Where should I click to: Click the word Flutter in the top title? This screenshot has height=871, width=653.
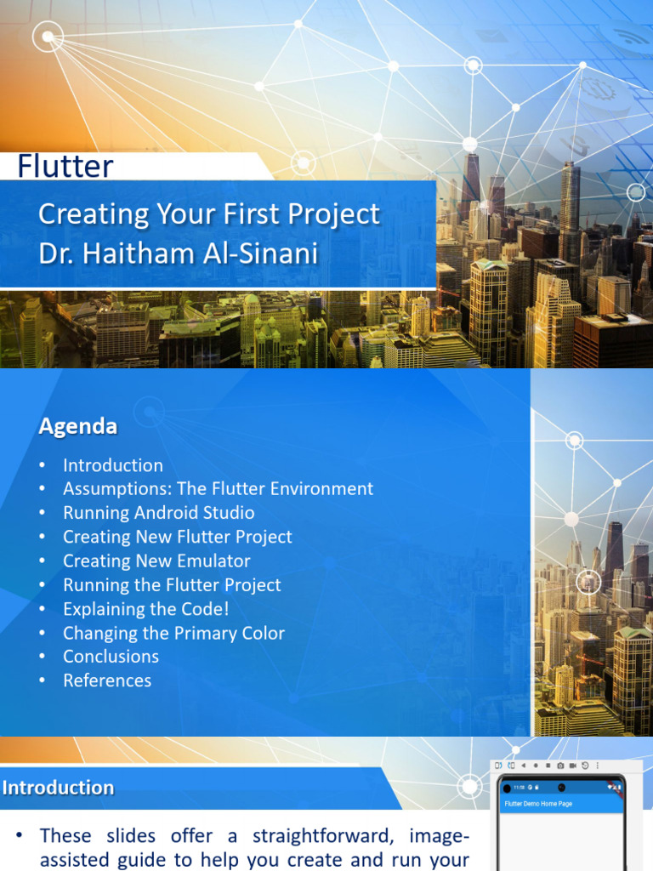point(65,166)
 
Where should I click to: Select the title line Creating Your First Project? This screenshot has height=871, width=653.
point(209,214)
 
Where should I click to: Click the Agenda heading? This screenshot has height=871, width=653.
point(78,427)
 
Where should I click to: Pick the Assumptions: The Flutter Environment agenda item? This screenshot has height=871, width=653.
point(218,489)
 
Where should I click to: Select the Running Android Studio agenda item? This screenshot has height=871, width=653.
point(158,513)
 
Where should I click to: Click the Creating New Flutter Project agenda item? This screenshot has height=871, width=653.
point(177,537)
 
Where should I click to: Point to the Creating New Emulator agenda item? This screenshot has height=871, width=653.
point(156,561)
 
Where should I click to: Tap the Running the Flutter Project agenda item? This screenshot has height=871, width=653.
point(172,585)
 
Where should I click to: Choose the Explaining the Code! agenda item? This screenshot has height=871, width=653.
point(145,609)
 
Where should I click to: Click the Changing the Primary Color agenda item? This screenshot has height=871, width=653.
point(173,633)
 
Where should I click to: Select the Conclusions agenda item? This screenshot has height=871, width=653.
point(111,657)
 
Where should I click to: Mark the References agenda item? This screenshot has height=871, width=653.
point(107,680)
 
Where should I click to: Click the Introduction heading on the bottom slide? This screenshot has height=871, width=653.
point(58,788)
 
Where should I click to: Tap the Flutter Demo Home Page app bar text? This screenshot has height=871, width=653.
point(538,804)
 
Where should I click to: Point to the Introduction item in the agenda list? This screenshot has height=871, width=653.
point(112,465)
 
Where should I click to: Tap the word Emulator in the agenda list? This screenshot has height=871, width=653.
point(212,561)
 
